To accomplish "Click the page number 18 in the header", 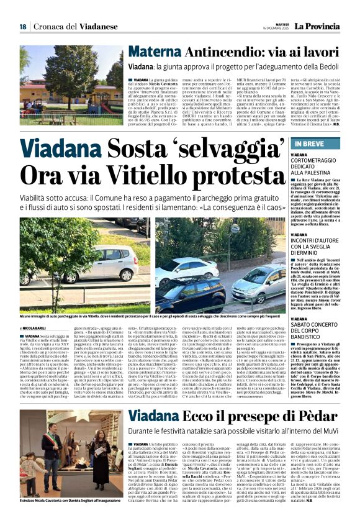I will pos(22,26).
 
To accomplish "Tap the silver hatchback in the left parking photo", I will pos(105,261).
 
